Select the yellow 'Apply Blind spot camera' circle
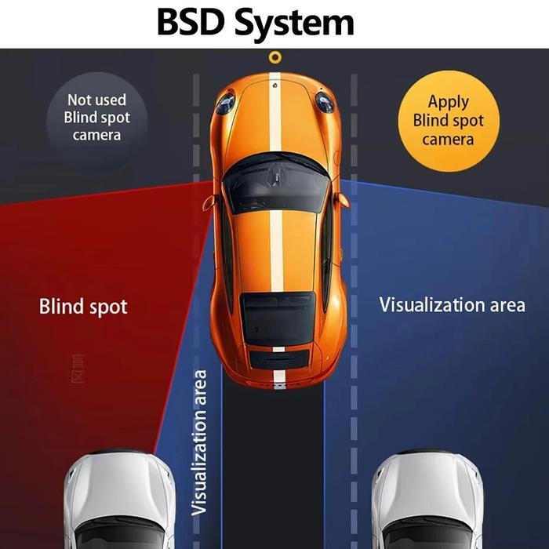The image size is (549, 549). (448, 120)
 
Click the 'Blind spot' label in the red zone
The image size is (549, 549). (83, 306)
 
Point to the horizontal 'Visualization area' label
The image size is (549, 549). (452, 304)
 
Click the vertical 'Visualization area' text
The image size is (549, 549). (201, 442)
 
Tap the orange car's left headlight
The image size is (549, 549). (226, 102)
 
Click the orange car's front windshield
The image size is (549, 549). (274, 182)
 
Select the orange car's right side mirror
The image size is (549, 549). (342, 199)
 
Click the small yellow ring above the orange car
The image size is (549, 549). (274, 57)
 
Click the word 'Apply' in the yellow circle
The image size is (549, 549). (448, 101)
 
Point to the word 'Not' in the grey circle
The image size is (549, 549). (78, 100)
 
